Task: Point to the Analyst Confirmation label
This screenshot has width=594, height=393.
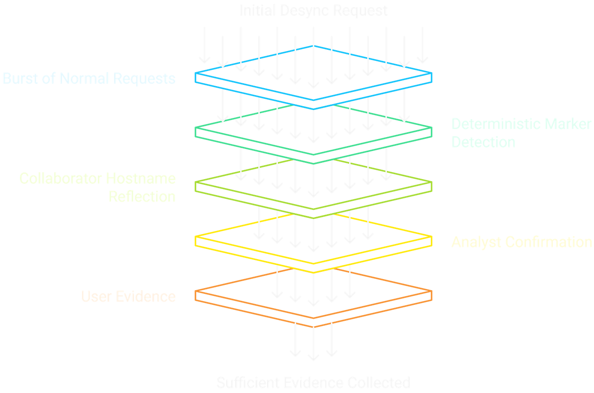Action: point(521,242)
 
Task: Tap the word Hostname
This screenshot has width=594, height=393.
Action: point(141,179)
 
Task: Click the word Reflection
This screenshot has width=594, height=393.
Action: point(142,196)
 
